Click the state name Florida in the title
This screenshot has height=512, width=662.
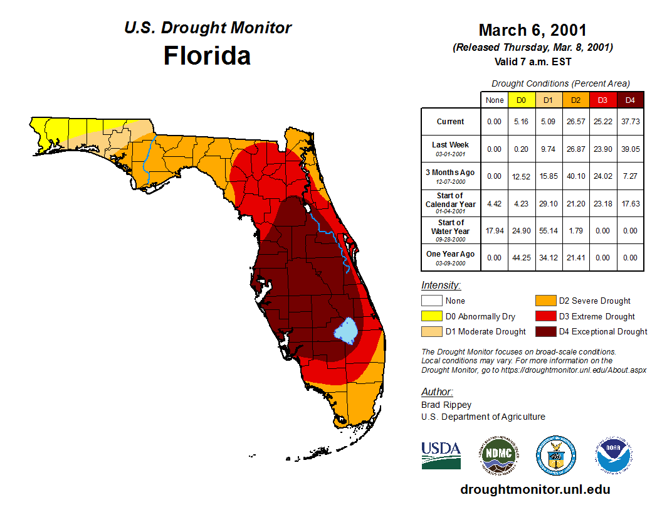[x=207, y=55]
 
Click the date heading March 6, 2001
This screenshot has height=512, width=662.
[x=532, y=30]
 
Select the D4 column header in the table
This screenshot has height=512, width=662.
[x=630, y=100]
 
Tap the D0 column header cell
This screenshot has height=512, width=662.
[x=521, y=100]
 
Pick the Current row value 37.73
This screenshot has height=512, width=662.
[x=630, y=122]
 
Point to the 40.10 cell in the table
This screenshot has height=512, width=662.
[x=575, y=176]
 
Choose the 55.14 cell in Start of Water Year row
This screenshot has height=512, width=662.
[x=548, y=231]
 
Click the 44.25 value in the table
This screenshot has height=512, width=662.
[x=521, y=257]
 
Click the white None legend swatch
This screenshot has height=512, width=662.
[x=431, y=301]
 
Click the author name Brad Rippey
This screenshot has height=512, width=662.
[x=446, y=405]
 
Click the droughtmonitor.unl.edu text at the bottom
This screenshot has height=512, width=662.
[x=535, y=489]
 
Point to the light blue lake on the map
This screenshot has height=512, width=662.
[x=345, y=329]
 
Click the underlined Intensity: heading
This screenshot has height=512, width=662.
[x=441, y=285]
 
